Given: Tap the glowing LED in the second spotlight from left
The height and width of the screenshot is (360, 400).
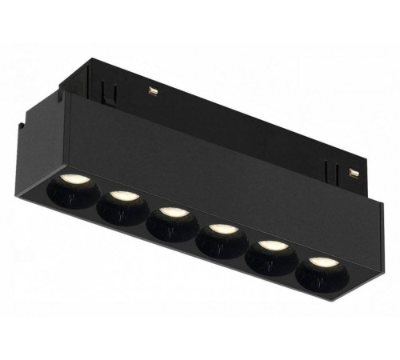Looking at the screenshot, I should click(x=122, y=196).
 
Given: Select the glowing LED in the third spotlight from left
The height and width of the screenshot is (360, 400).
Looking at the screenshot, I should click(x=171, y=213).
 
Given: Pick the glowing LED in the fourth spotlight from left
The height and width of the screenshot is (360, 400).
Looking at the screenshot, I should click(x=222, y=230).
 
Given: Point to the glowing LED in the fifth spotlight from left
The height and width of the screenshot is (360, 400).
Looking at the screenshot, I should click(x=270, y=246).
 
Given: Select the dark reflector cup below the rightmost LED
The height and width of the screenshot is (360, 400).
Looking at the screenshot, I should click(x=318, y=279).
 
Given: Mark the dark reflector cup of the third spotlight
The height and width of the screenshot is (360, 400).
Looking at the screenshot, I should click(x=170, y=229).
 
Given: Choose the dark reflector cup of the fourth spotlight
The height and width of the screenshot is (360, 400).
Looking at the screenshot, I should click(x=222, y=246).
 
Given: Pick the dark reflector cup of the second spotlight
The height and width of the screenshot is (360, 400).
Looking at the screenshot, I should click(x=121, y=212).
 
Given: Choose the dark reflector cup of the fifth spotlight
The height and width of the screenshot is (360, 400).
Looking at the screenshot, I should click(x=270, y=262).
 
